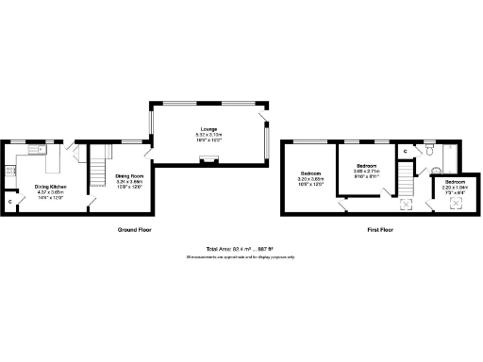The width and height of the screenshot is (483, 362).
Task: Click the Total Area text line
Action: click(x=241, y=249)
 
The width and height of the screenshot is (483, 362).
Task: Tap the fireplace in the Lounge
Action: click(x=208, y=161)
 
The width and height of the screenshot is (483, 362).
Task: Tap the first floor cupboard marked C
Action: click(x=405, y=151)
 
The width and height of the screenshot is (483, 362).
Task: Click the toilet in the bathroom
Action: click(x=428, y=149)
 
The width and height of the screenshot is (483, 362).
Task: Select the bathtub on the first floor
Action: click(x=447, y=156)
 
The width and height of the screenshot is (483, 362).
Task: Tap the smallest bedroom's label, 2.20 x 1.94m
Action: click(x=455, y=185)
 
